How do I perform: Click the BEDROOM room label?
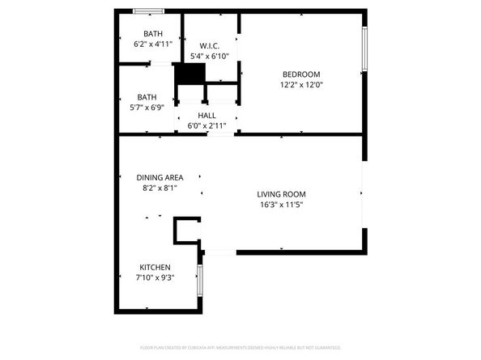pyautogui.click(x=300, y=74)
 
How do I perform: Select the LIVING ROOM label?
pyautogui.click(x=281, y=194)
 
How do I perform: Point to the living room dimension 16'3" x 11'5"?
pyautogui.click(x=281, y=205)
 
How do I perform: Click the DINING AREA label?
pyautogui.click(x=160, y=177)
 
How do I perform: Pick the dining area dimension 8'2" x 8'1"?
pyautogui.click(x=160, y=188)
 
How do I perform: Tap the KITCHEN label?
pyautogui.click(x=155, y=267)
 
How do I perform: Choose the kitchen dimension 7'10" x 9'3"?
pyautogui.click(x=155, y=277)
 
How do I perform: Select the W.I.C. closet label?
pyautogui.click(x=209, y=45)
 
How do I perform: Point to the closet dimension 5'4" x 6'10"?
pyautogui.click(x=209, y=56)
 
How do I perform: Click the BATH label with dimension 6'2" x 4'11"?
pyautogui.click(x=152, y=33)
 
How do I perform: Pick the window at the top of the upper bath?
pyautogui.click(x=148, y=11)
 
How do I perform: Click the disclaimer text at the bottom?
pyautogui.click(x=240, y=347)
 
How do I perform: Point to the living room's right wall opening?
pyautogui.click(x=363, y=194)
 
